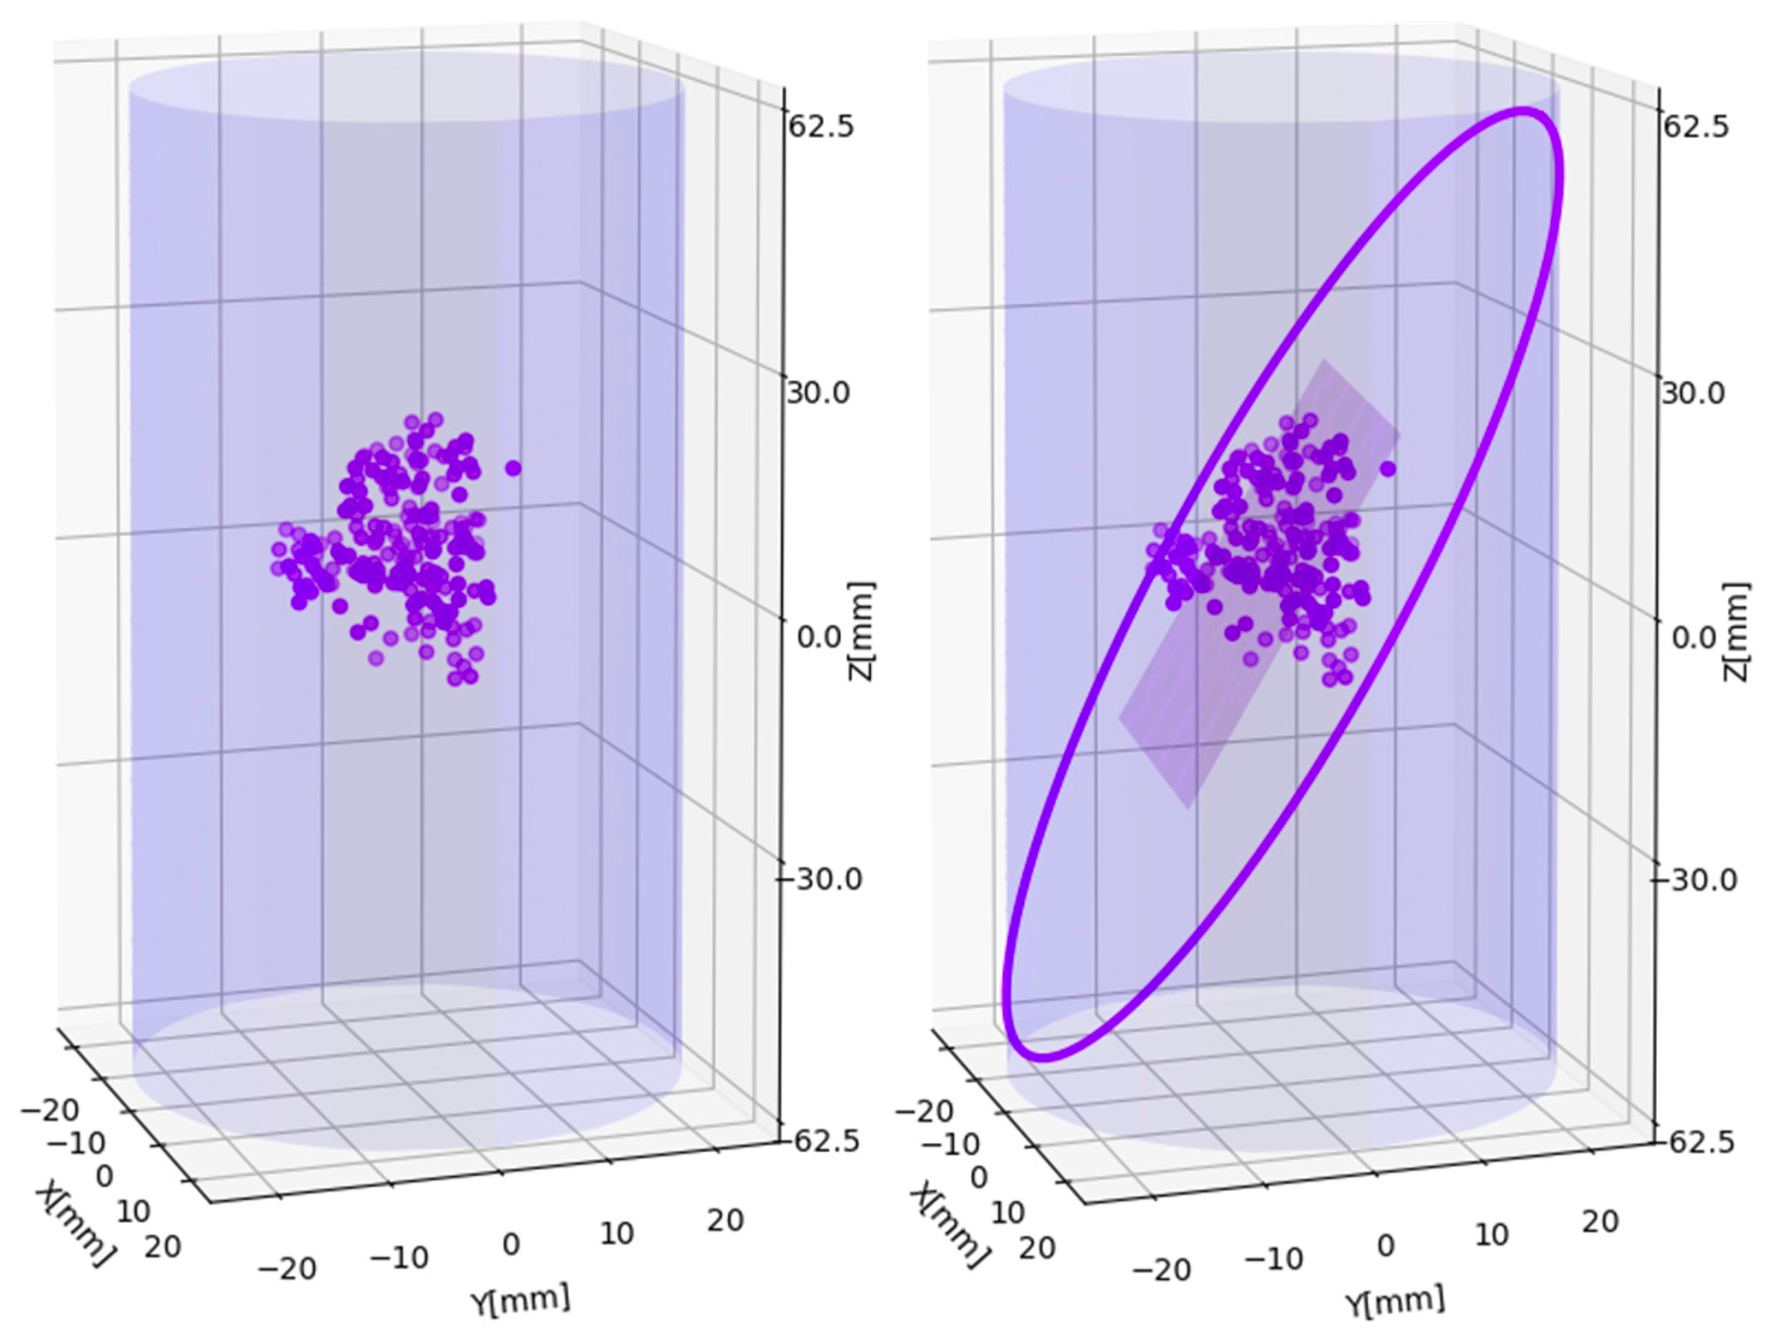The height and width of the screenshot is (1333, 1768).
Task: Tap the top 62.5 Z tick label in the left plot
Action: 820,126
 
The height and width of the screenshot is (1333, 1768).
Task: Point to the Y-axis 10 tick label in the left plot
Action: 617,1233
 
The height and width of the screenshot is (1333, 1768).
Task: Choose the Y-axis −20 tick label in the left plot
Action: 288,1268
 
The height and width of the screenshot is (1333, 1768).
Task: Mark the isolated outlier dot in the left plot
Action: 513,468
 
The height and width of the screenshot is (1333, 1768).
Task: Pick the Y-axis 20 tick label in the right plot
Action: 1599,1221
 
